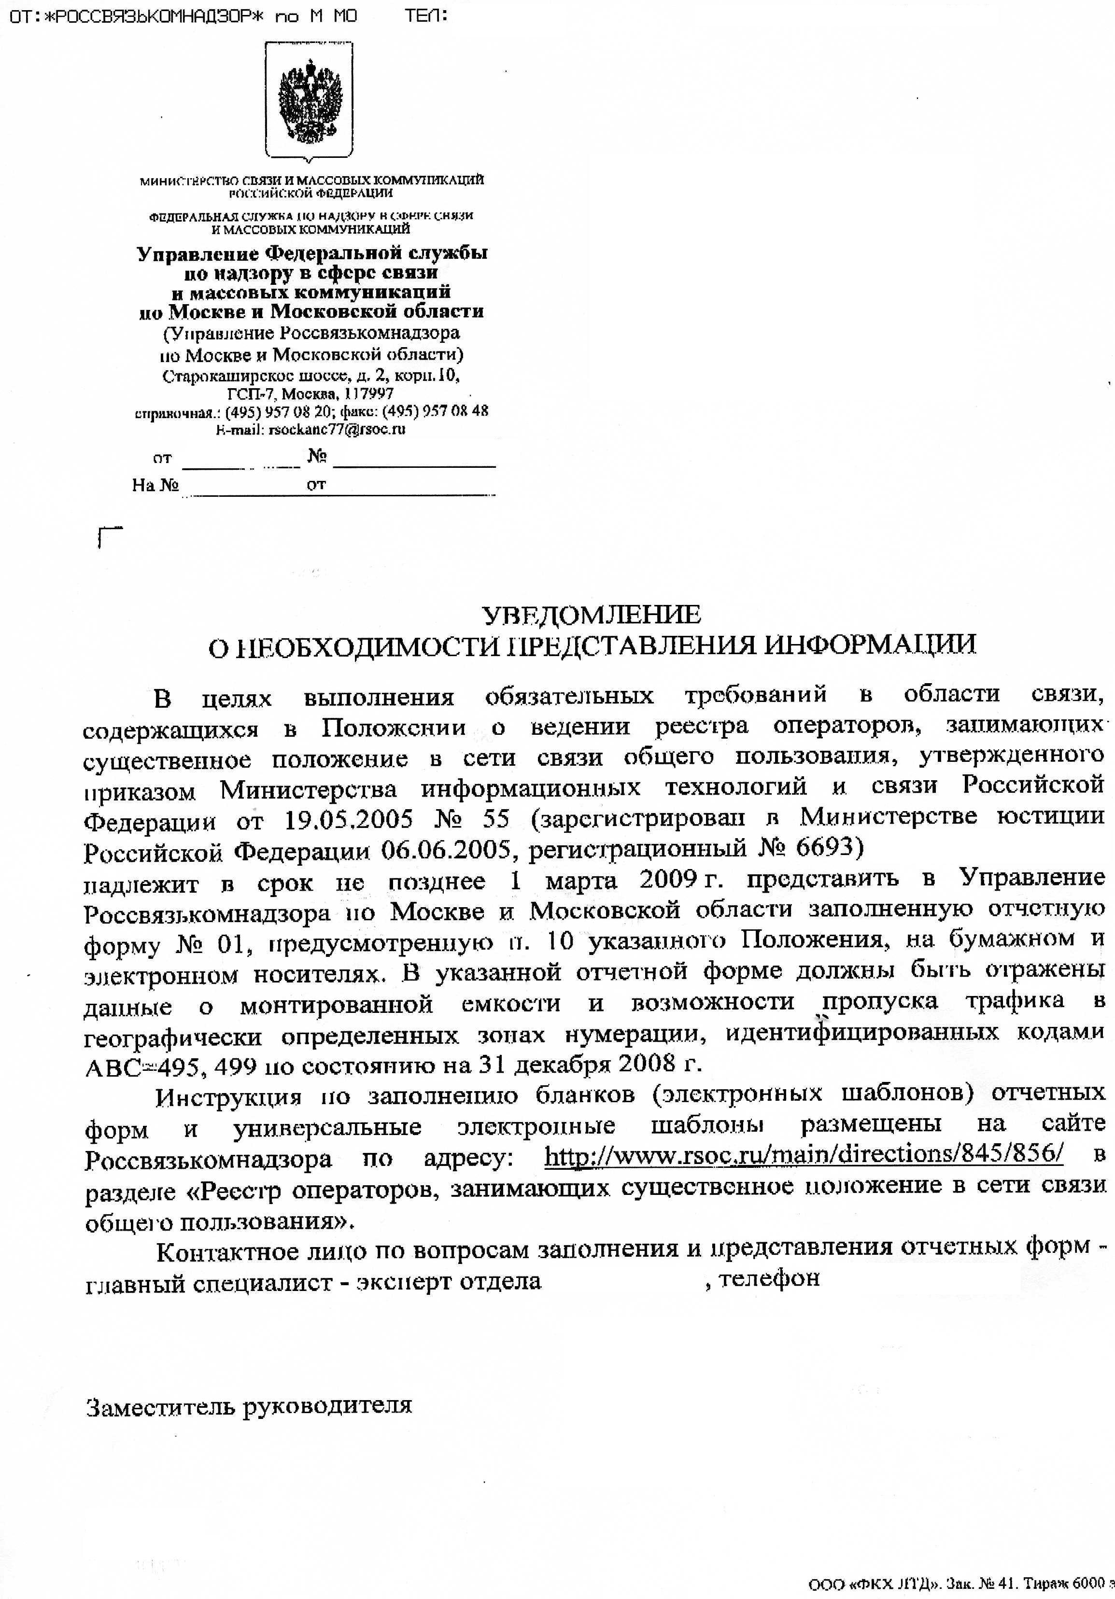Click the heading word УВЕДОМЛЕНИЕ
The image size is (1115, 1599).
592,614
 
